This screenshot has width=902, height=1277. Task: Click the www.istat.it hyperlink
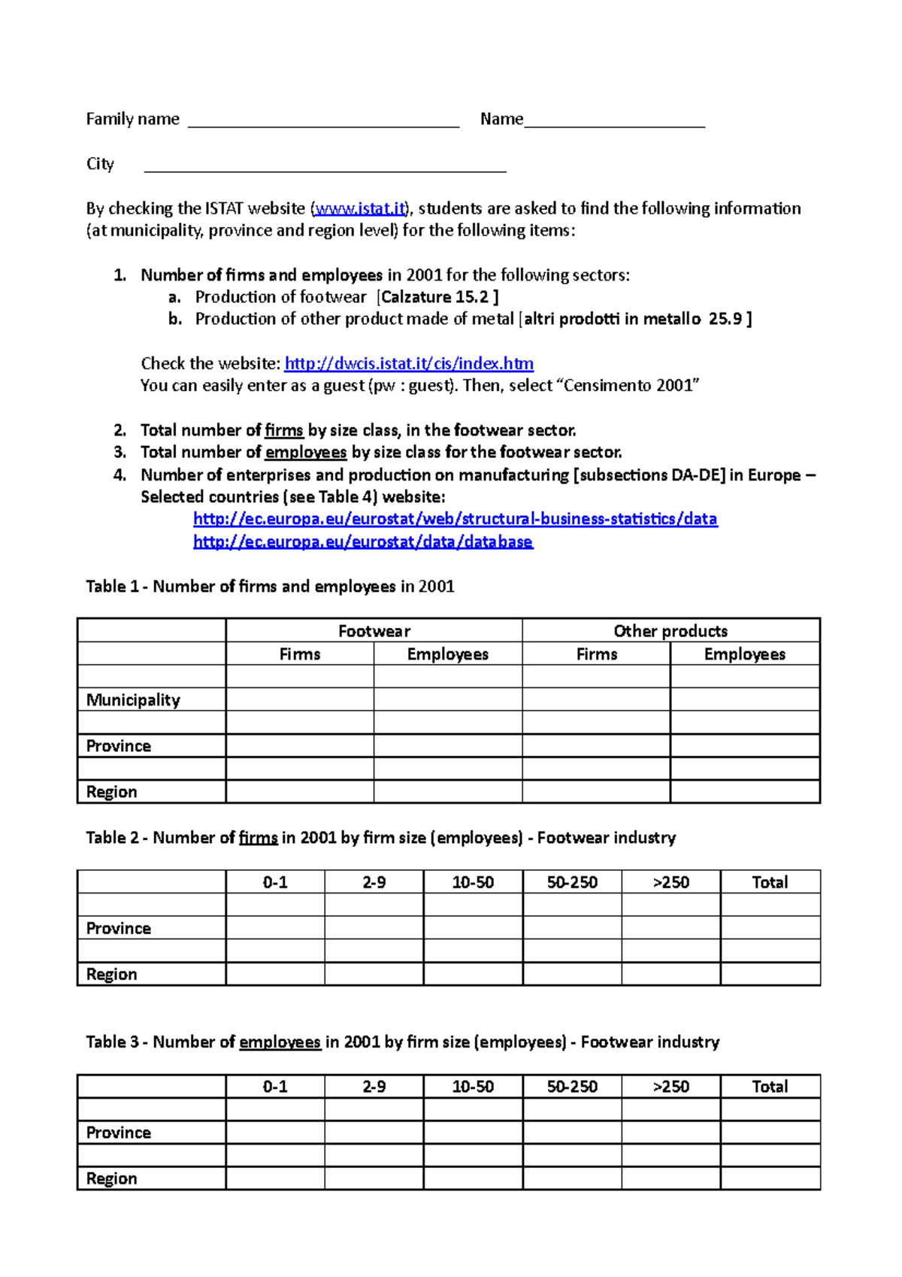[360, 208]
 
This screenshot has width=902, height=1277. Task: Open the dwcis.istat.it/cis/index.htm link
[409, 364]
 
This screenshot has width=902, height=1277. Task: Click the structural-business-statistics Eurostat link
[455, 519]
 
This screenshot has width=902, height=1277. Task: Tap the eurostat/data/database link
[362, 541]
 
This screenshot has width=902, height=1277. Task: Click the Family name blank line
[323, 123]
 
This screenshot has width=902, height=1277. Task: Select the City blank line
[325, 166]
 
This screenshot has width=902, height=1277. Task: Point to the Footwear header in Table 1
[374, 631]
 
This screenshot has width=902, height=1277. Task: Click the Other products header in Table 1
[670, 631]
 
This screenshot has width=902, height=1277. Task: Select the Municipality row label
[133, 700]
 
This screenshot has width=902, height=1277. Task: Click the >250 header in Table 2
[670, 883]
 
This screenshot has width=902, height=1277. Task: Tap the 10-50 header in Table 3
[473, 1087]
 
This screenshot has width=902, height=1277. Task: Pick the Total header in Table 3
[770, 1087]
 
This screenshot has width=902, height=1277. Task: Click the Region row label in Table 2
[111, 975]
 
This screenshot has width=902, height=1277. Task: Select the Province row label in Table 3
[118, 1133]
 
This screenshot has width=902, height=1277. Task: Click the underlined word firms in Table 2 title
[258, 838]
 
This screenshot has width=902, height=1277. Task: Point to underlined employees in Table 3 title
[280, 1042]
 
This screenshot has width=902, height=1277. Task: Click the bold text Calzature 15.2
[435, 297]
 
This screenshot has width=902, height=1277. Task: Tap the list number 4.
[120, 475]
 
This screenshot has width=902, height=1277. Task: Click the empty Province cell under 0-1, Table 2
[275, 928]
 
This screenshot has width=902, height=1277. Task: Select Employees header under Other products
[744, 654]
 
